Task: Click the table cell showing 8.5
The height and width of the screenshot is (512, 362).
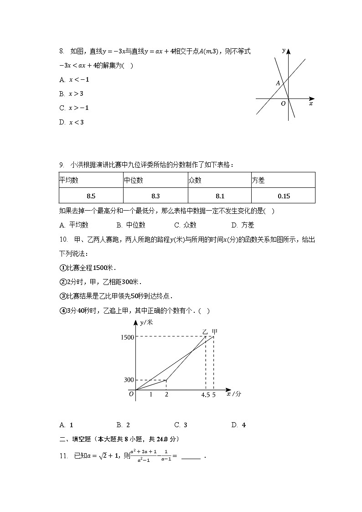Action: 91,196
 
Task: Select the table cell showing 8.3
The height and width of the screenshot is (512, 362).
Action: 155,196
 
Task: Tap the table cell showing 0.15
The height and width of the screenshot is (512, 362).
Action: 283,196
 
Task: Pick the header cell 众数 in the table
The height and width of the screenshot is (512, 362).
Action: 219,180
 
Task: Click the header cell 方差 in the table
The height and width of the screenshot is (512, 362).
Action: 283,180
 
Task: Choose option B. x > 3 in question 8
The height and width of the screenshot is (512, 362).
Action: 72,94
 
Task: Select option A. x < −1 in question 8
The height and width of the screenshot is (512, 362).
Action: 74,80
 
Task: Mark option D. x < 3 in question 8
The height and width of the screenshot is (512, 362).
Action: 72,122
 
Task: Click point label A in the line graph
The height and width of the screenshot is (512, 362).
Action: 278,83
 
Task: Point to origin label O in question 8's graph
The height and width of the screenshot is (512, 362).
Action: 283,104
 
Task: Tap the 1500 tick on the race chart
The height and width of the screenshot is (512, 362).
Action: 127,337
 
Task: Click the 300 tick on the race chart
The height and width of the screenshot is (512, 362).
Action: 129,380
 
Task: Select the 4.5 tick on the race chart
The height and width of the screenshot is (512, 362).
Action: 205,395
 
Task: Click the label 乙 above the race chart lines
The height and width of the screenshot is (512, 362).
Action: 205,331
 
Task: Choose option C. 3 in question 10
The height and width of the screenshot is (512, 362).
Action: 181,425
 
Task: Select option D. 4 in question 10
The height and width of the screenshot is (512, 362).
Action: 239,425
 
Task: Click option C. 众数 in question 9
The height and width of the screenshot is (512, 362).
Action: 186,225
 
